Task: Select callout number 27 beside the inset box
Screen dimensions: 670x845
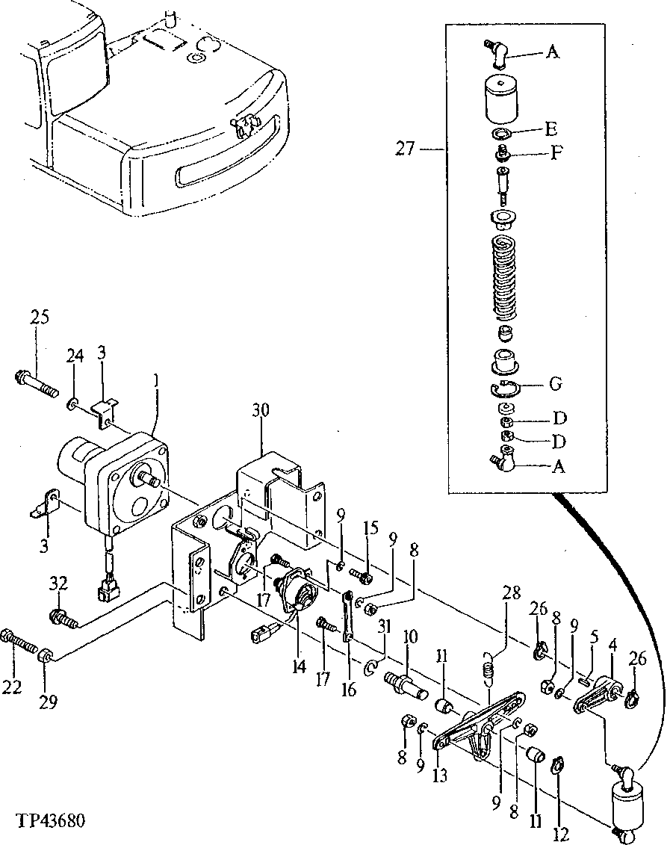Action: click(406, 149)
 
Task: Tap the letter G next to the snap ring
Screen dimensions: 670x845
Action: click(554, 384)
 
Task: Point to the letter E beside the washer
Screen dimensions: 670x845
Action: click(551, 126)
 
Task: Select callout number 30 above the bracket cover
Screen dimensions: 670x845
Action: click(261, 410)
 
